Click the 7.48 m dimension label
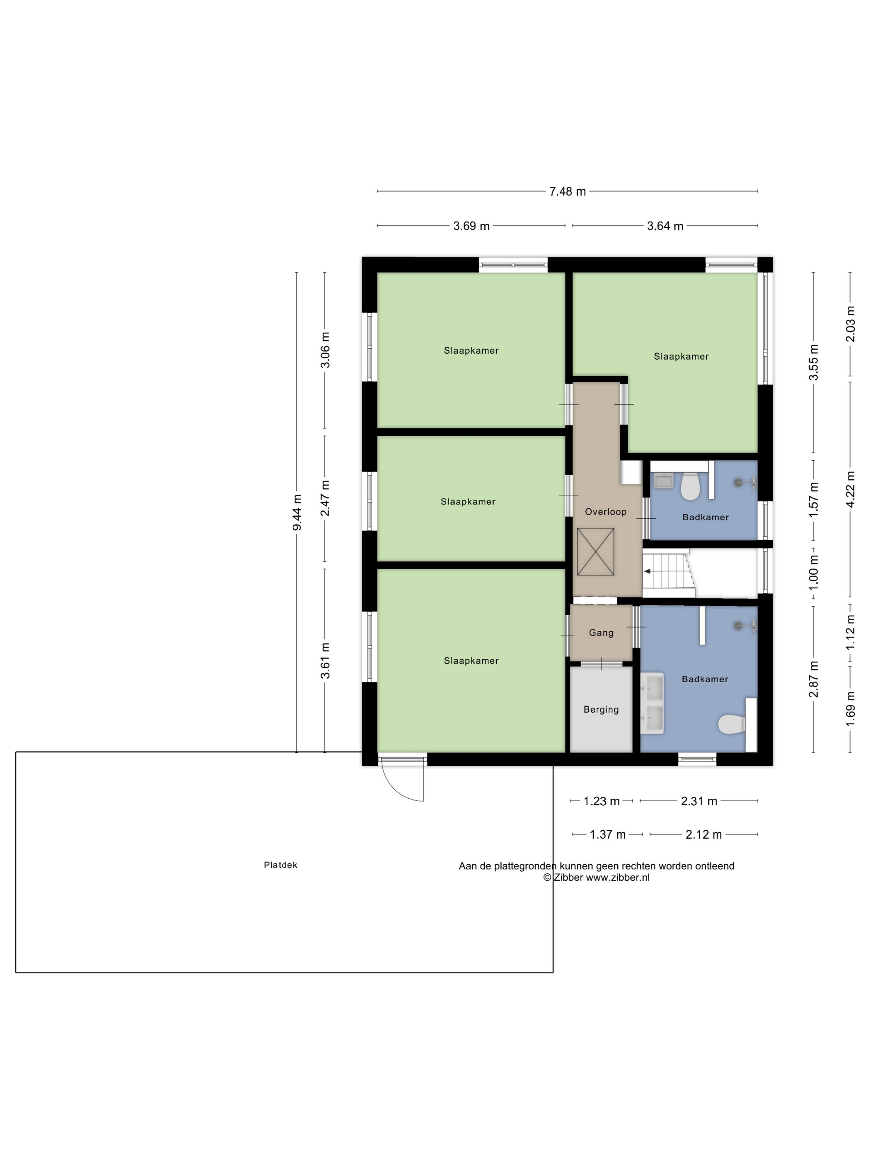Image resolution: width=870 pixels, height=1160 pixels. click(x=568, y=191)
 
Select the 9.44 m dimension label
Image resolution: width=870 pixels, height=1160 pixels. click(x=297, y=512)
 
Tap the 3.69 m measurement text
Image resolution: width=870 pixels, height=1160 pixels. click(x=471, y=226)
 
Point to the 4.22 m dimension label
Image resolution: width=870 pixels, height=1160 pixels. click(x=851, y=489)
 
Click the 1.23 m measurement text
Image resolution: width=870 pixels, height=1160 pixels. click(x=602, y=801)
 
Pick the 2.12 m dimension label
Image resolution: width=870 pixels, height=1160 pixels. click(x=704, y=834)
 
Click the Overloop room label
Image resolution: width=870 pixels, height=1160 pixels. click(x=606, y=512)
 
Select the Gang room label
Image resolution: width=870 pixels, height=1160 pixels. click(x=601, y=633)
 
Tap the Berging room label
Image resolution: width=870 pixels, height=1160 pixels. click(x=601, y=710)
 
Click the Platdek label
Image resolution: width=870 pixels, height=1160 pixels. click(x=280, y=865)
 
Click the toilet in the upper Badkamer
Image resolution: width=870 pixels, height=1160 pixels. click(x=690, y=486)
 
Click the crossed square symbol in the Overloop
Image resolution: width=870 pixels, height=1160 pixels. click(x=596, y=552)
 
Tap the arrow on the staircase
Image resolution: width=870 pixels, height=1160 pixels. click(x=650, y=571)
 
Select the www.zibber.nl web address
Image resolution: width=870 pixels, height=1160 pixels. click(x=617, y=877)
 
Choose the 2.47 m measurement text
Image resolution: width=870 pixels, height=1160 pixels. click(x=325, y=498)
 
